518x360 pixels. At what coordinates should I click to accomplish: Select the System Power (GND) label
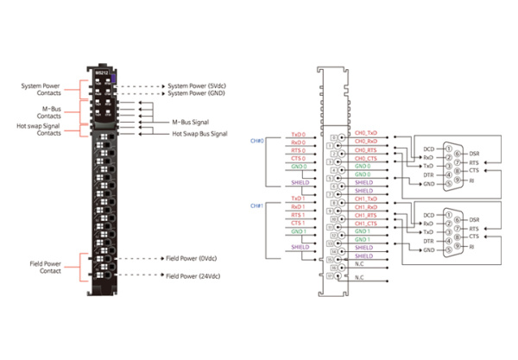(198, 95)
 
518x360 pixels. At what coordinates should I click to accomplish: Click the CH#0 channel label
(256, 141)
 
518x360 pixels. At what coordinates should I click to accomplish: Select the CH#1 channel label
(256, 205)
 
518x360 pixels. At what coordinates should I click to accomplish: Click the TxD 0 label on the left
(298, 136)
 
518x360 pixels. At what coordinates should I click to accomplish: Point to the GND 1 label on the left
(299, 231)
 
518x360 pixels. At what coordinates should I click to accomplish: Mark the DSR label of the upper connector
(473, 154)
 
